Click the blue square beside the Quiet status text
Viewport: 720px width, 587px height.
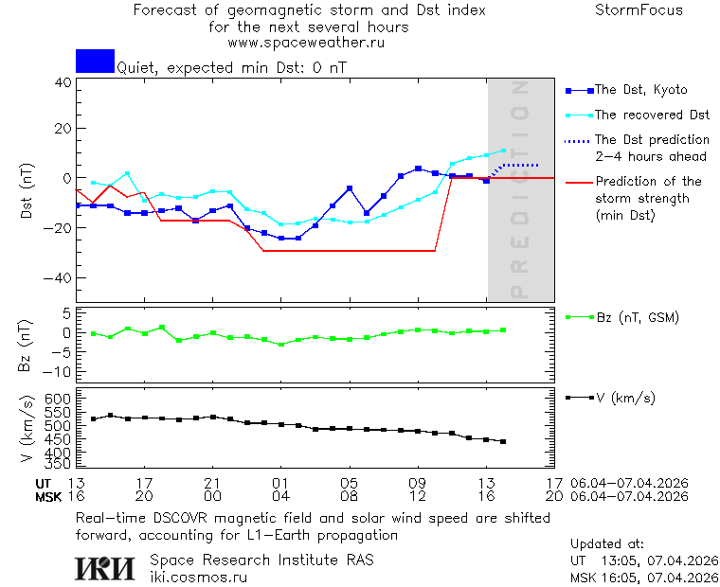point(95,61)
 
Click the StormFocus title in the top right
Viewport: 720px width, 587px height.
point(639,10)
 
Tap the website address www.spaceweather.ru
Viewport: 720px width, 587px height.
point(306,43)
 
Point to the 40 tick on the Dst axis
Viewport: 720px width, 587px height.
point(63,82)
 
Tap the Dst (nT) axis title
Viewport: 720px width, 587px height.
point(27,192)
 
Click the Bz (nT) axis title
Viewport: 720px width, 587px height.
point(27,345)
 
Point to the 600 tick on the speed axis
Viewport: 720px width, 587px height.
point(59,400)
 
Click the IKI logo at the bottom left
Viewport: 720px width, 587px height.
point(106,567)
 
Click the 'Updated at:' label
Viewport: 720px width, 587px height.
point(607,544)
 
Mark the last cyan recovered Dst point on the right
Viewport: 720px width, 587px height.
point(503,151)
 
